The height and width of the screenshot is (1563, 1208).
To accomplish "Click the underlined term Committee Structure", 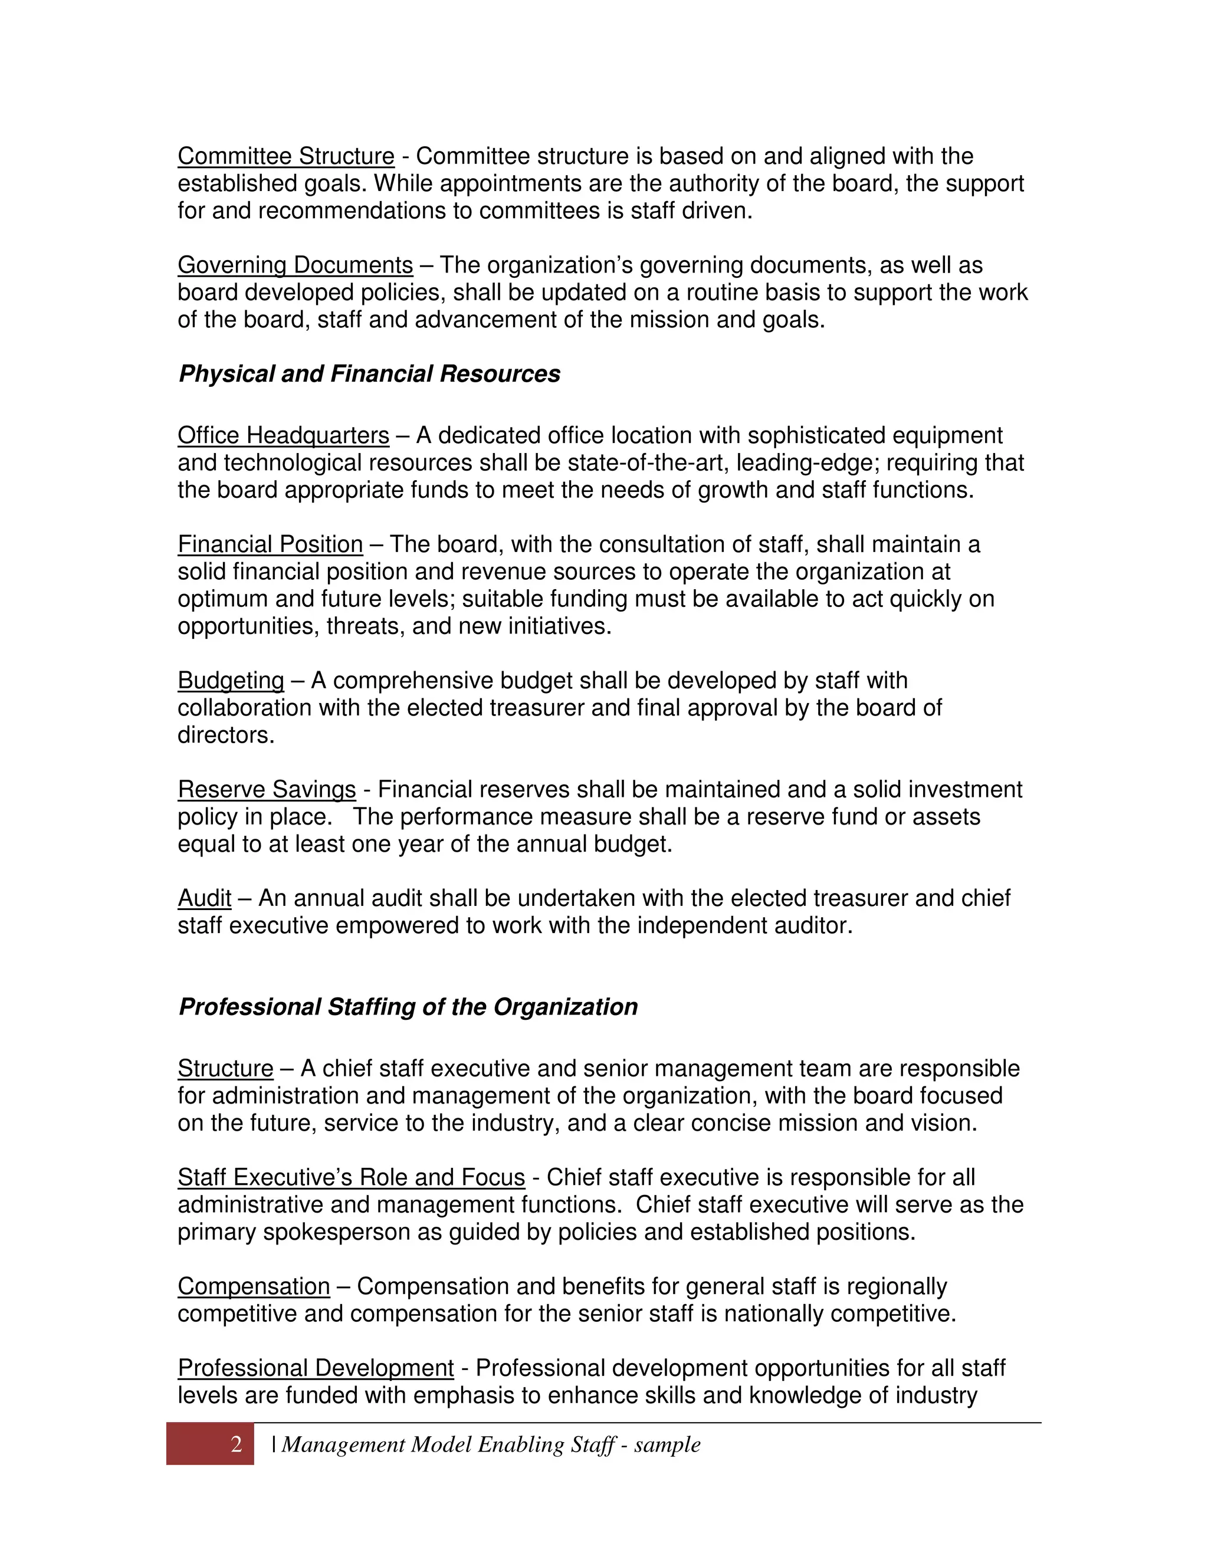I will [285, 156].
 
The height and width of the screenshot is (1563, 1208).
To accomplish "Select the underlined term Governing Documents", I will [295, 265].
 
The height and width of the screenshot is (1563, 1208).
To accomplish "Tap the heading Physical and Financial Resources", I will [369, 373].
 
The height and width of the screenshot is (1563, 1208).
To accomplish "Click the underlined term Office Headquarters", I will [283, 435].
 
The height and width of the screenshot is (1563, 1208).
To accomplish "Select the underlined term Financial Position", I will [270, 544].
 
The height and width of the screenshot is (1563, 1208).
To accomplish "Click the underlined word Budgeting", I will [231, 681].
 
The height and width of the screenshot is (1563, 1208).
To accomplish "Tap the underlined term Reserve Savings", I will [266, 789].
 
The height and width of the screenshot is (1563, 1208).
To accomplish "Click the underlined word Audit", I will [204, 898].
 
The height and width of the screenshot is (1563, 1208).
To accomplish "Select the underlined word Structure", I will [225, 1069].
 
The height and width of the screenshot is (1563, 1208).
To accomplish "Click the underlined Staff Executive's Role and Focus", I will [351, 1177].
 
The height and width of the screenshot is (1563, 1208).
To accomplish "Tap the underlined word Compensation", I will [253, 1286].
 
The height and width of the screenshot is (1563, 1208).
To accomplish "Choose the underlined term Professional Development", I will [316, 1368].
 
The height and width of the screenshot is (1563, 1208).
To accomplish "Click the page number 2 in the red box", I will [236, 1445].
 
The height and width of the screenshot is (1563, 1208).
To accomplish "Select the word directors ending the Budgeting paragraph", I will [225, 735].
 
